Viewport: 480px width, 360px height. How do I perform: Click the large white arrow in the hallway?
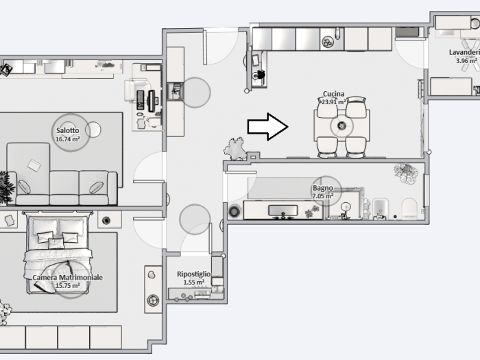point(267,127)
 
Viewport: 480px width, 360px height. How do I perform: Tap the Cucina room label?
point(333,94)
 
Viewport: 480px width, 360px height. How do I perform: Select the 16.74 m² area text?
point(68,139)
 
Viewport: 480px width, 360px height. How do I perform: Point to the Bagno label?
point(323,189)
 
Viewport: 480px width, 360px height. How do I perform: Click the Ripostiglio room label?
point(194,274)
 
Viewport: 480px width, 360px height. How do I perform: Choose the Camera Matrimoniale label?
point(68,277)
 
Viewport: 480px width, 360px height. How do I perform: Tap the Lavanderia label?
point(464,52)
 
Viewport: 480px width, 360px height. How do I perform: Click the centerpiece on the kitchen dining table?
point(341,125)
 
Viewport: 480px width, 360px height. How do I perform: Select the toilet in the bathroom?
point(409,208)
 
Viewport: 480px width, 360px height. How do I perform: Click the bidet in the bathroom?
point(381,209)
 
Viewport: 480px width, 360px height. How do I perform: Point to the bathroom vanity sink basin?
point(283,211)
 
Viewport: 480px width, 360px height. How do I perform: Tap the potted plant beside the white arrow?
point(235,149)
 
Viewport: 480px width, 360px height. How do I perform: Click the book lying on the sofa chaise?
point(34,165)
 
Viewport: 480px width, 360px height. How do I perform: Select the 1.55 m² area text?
point(194,283)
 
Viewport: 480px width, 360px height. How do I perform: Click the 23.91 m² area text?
point(334,101)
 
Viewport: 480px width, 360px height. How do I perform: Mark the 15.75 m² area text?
point(68,286)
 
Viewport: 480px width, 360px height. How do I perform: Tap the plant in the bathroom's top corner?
point(406,173)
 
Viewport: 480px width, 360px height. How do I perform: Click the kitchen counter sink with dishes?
point(328,42)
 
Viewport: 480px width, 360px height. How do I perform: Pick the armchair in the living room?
point(137,91)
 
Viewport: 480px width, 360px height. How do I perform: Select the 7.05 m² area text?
point(323,196)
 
